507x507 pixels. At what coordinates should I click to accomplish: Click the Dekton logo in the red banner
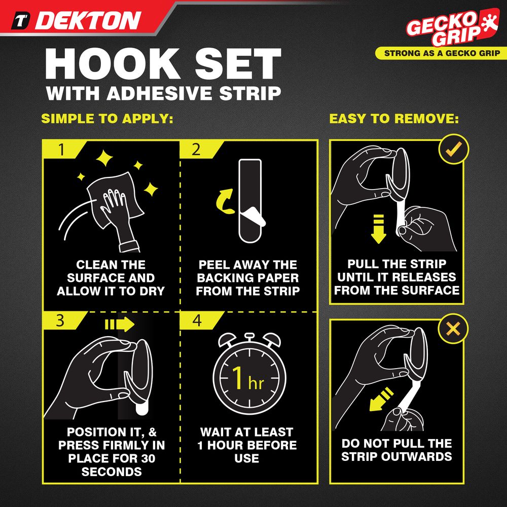coord(77,21)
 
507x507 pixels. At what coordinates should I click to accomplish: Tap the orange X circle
coord(453,329)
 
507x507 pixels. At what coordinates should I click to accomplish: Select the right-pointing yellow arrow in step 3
coord(120,324)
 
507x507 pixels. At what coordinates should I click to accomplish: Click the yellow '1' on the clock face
coord(237,377)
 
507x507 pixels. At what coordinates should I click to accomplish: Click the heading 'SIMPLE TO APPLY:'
coord(107,119)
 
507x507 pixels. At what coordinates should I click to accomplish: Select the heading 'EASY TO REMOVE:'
coord(394,119)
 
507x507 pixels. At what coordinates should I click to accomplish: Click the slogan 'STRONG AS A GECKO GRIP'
coord(442,53)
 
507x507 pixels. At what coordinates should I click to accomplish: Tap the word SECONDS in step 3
coord(112,472)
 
